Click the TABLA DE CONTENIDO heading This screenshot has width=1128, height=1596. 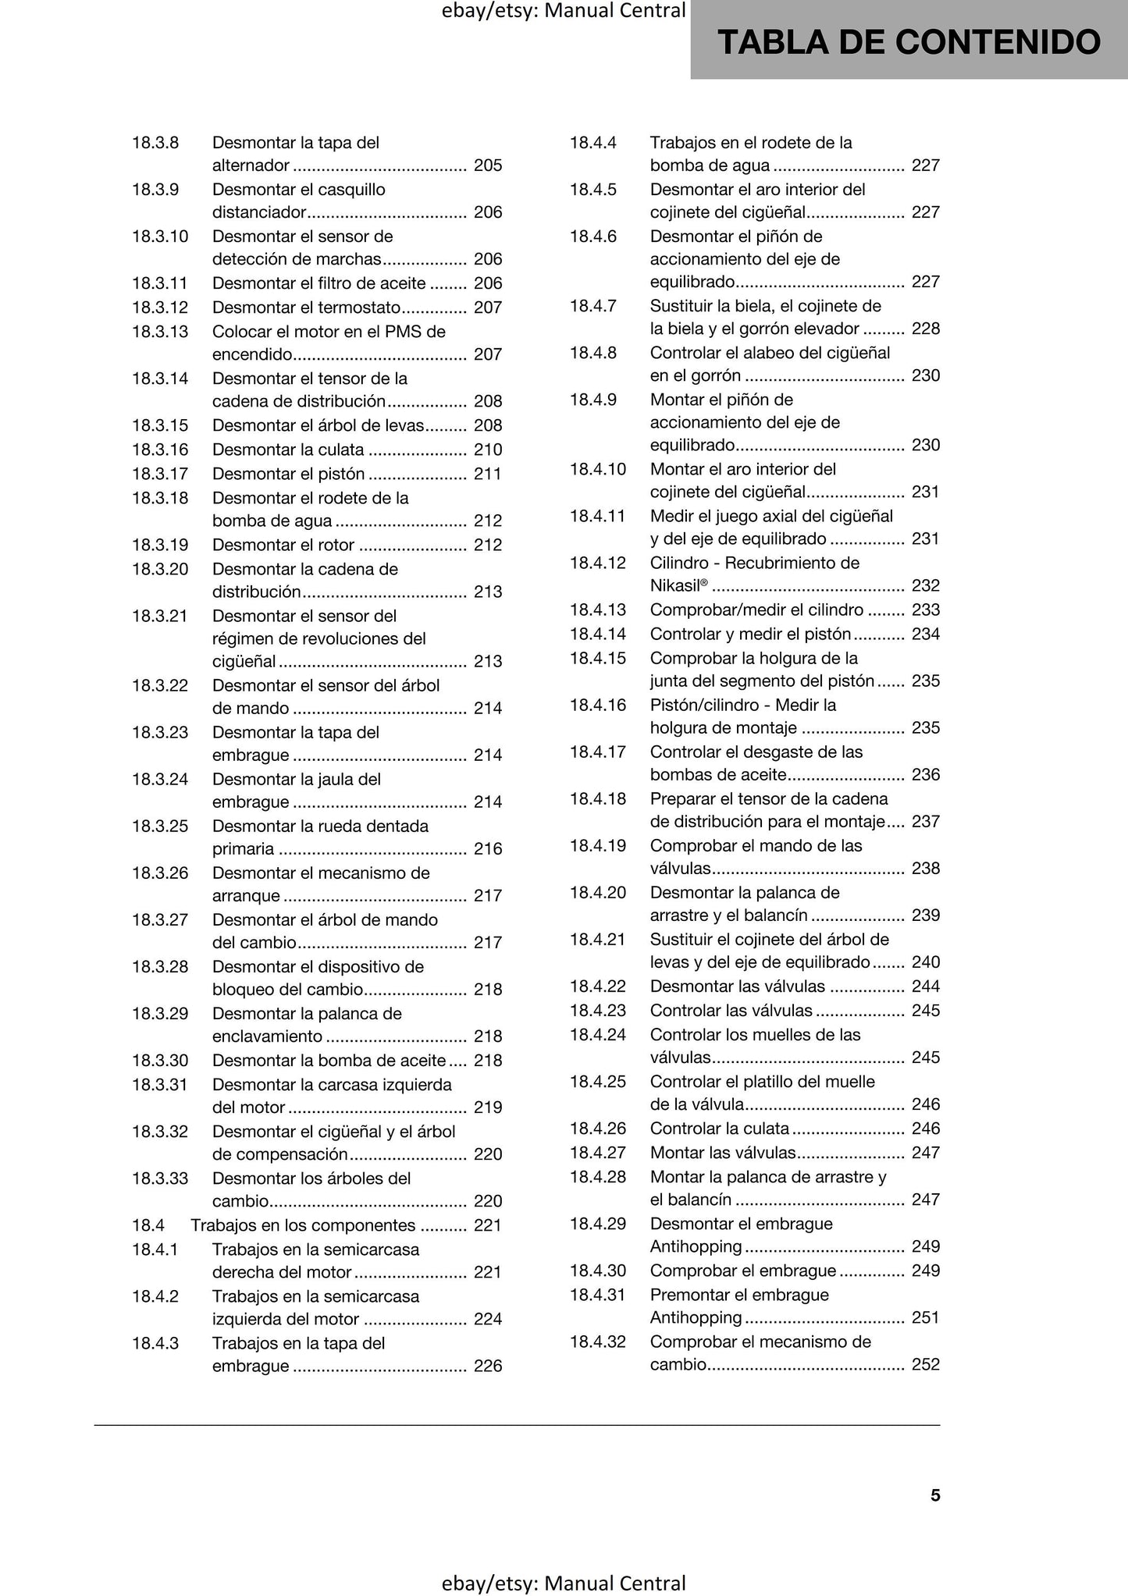pyautogui.click(x=909, y=42)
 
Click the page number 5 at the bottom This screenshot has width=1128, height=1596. pyautogui.click(x=935, y=1495)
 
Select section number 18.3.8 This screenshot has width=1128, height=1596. pyautogui.click(x=155, y=143)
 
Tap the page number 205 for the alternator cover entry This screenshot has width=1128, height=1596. pyautogui.click(x=488, y=165)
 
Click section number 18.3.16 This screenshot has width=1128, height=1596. pyautogui.click(x=160, y=450)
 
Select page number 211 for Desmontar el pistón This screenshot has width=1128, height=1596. pyautogui.click(x=488, y=474)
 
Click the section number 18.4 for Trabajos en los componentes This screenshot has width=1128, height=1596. pyautogui.click(x=148, y=1225)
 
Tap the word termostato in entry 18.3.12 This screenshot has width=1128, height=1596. pyautogui.click(x=361, y=307)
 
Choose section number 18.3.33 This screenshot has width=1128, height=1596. pyautogui.click(x=160, y=1178)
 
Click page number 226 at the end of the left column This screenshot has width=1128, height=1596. pyautogui.click(x=488, y=1366)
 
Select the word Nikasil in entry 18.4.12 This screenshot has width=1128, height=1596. pyautogui.click(x=675, y=586)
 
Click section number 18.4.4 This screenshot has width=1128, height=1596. pyautogui.click(x=593, y=143)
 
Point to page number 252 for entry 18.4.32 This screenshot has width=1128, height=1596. pyautogui.click(x=926, y=1364)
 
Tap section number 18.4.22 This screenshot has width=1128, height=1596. pyautogui.click(x=598, y=986)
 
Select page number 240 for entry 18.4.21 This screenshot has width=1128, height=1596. pyautogui.click(x=926, y=962)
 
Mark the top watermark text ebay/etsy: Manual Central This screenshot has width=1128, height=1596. pyautogui.click(x=564, y=11)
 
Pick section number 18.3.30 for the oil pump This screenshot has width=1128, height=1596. pyautogui.click(x=160, y=1061)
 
